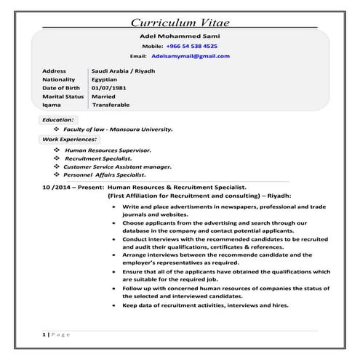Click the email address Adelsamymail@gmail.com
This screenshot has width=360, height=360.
(x=191, y=55)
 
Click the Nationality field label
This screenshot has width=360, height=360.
(x=60, y=79)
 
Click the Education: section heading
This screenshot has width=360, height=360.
(x=58, y=119)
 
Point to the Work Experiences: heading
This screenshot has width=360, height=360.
(x=70, y=138)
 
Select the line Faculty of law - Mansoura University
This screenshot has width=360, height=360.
(x=119, y=129)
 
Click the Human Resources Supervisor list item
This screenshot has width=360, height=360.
(x=108, y=149)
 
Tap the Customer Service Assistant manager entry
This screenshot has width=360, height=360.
(x=118, y=166)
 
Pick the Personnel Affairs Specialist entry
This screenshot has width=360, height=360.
(x=105, y=175)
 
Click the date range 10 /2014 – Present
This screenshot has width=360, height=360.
(x=73, y=187)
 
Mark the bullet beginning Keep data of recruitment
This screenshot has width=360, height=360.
(x=206, y=305)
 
